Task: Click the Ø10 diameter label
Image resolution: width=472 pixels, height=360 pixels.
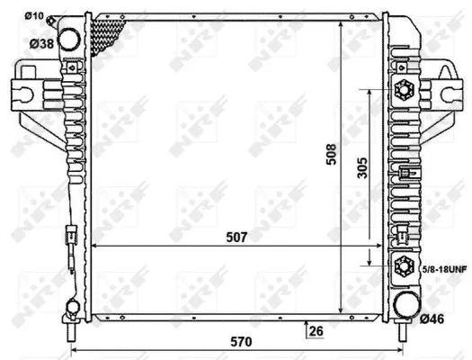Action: [35, 15]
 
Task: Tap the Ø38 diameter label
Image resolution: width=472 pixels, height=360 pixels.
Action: [40, 42]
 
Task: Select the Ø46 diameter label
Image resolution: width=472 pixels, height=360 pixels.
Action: [432, 319]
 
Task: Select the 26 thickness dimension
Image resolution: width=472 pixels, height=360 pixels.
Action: [315, 331]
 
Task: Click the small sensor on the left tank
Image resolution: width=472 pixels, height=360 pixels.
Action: [65, 245]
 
